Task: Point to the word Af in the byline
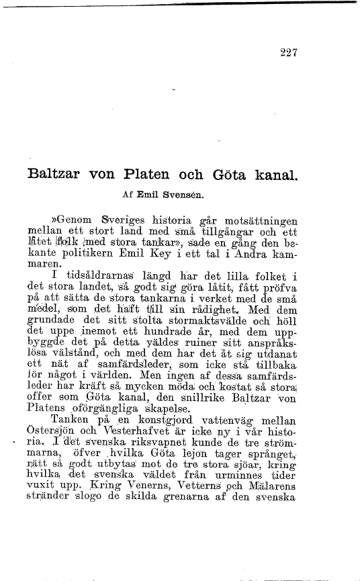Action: click(x=127, y=198)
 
